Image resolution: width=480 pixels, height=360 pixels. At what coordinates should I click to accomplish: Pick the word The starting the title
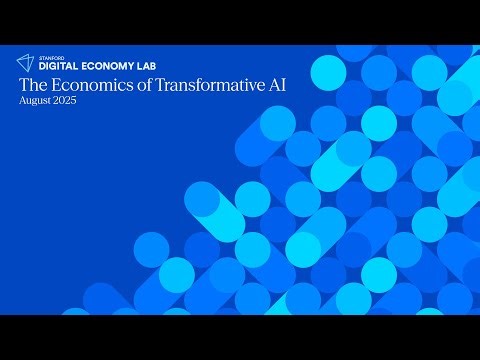30,85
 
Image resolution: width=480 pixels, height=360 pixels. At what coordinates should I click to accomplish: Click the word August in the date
33,102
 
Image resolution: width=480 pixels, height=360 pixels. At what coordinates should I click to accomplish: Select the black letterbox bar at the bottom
240,337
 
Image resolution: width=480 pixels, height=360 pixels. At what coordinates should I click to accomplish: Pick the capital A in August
21,102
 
